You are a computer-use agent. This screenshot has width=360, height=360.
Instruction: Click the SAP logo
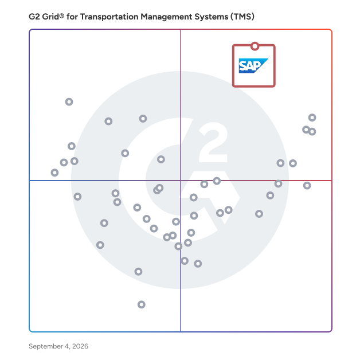[253, 66]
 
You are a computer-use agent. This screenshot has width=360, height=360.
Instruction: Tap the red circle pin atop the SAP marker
[255, 46]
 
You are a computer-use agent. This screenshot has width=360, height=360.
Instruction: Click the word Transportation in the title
[109, 17]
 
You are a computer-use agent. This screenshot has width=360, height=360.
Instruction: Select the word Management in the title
[166, 17]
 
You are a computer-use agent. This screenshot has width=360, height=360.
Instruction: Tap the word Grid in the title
[50, 17]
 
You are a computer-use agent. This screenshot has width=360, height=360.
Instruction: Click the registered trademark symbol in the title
[61, 15]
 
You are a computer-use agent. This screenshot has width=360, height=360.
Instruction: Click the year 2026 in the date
[80, 346]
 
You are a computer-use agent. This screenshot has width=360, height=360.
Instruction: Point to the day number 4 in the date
[67, 346]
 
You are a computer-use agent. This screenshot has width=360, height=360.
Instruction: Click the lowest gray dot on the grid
[142, 304]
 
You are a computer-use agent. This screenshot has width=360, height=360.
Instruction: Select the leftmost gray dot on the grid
[54, 173]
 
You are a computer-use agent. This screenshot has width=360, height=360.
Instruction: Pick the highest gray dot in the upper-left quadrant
[69, 101]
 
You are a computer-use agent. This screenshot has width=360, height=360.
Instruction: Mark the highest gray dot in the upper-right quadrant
[312, 118]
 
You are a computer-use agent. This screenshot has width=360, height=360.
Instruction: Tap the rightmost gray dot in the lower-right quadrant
[307, 185]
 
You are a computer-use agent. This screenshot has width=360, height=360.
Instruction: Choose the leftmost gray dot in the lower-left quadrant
[77, 197]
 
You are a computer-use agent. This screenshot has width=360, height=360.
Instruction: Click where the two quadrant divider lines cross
[181, 181]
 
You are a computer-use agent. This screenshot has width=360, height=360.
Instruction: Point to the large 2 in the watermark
[213, 142]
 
